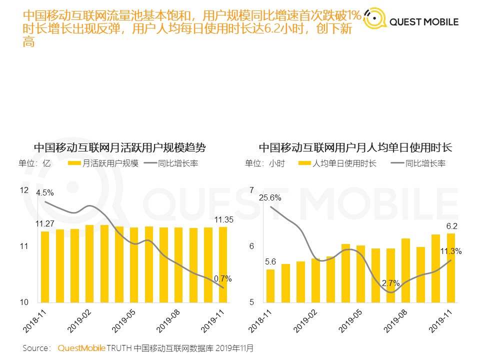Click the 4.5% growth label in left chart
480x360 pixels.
point(44,192)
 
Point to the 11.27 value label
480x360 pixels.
point(44,223)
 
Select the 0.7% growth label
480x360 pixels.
point(222,278)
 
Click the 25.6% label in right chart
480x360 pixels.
point(270,197)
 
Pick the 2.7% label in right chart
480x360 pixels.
point(390,283)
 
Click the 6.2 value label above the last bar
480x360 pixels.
point(451,226)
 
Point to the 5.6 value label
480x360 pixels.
point(270,261)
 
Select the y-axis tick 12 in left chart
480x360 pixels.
point(24,190)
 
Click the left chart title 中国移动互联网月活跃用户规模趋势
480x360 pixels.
point(120,148)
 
